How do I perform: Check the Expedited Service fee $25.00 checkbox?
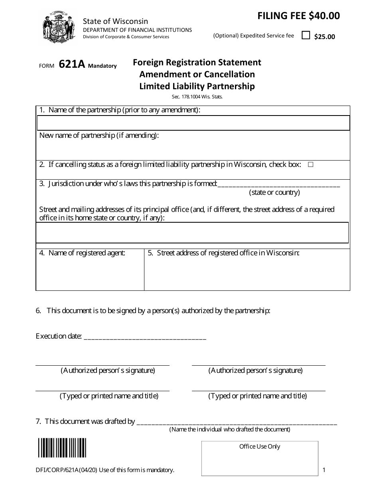306,35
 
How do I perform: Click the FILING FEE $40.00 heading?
298,16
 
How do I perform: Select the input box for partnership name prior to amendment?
193,123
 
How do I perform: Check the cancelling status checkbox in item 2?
311,165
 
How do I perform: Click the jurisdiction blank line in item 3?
279,184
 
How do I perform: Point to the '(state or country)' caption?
274,193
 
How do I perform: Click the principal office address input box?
192,232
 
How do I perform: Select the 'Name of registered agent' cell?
90,270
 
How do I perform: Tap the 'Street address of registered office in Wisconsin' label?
223,253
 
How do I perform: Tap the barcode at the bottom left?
62,448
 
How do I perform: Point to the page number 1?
324,470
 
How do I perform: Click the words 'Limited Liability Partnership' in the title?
197,86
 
